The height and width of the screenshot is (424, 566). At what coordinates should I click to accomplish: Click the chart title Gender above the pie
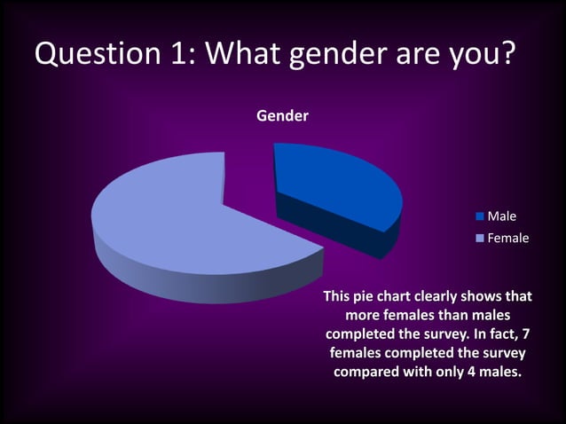[x=282, y=115]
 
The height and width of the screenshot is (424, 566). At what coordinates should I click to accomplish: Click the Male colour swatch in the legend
[x=480, y=216]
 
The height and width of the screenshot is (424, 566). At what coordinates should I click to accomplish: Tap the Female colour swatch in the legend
[x=480, y=238]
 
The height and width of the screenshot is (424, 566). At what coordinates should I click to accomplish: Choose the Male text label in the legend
[x=502, y=216]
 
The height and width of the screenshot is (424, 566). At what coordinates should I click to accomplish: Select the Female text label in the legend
[x=508, y=238]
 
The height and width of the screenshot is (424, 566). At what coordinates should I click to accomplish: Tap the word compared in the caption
[x=366, y=372]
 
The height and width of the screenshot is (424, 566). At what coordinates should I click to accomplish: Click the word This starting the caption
[x=338, y=296]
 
